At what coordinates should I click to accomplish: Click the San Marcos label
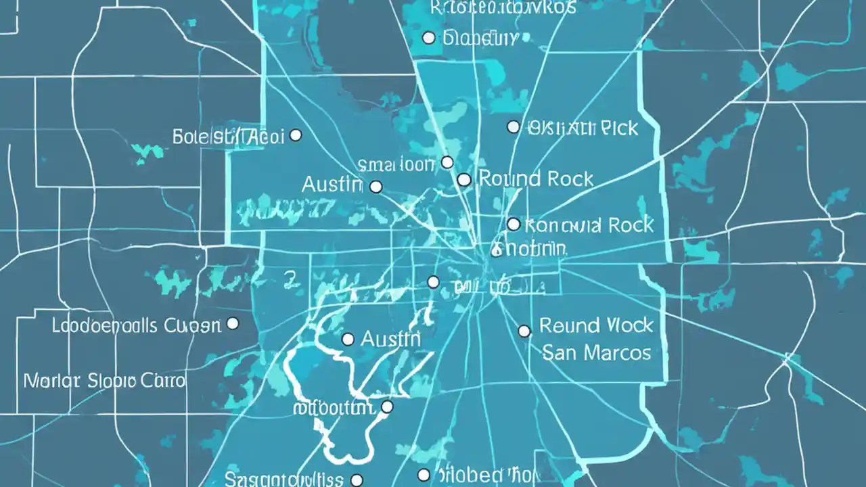[596, 352]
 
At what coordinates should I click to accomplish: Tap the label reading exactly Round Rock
[536, 179]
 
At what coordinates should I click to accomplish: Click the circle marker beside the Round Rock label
[463, 179]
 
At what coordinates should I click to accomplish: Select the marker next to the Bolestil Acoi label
[296, 135]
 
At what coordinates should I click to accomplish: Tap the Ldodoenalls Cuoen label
[136, 325]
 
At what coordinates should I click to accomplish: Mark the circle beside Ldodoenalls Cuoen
[233, 324]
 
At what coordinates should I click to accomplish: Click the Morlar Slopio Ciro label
[104, 380]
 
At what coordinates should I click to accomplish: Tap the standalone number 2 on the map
[290, 278]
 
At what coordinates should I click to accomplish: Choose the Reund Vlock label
[596, 326]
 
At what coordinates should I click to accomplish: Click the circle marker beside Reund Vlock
[524, 331]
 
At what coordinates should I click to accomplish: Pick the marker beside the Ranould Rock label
[514, 224]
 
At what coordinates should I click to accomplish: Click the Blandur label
[480, 38]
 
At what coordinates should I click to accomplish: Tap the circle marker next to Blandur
[428, 38]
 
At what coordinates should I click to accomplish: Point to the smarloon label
[396, 164]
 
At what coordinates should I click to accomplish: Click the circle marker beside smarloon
[447, 162]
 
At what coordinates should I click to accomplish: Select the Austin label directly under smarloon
[332, 184]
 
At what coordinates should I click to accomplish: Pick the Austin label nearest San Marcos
[390, 339]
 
